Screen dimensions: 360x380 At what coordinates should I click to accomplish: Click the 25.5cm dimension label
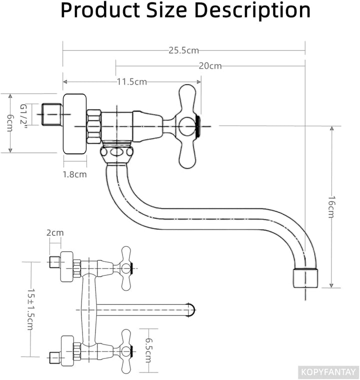point(184,51)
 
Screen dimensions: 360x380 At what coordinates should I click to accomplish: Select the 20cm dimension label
point(210,66)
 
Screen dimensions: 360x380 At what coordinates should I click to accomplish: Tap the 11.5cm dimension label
point(132,82)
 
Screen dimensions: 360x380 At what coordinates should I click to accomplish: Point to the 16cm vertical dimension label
point(331,207)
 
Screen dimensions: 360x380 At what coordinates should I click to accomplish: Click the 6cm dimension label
point(10,123)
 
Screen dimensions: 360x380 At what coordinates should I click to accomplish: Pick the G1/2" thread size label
point(23,116)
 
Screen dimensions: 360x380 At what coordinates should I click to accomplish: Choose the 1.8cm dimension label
point(75,174)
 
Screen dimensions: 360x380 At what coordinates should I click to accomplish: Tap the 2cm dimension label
point(55,233)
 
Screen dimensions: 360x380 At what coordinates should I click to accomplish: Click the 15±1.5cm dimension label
point(31,309)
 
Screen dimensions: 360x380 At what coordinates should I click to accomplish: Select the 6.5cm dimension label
point(148,350)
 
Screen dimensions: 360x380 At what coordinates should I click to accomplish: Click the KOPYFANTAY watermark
point(328,371)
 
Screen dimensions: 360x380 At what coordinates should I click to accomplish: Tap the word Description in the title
point(252,11)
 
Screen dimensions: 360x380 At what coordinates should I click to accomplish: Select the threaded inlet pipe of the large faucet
point(52,115)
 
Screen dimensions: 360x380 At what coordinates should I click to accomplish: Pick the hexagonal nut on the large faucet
point(93,126)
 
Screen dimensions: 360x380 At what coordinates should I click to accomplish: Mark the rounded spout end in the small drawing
point(191,310)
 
